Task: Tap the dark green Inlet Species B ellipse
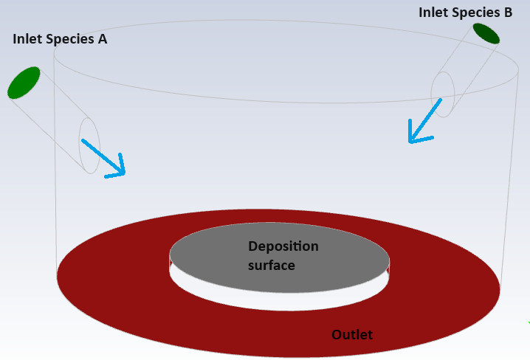486,33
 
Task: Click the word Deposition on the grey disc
283,246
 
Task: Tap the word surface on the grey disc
271,264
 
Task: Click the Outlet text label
352,335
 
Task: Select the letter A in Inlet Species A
102,39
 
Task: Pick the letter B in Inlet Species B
508,12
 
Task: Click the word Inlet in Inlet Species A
27,39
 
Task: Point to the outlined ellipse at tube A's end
89,145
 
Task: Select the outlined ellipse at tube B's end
442,94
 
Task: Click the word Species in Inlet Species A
70,39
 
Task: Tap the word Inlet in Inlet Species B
433,12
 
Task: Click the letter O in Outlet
336,335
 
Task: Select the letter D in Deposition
252,246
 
